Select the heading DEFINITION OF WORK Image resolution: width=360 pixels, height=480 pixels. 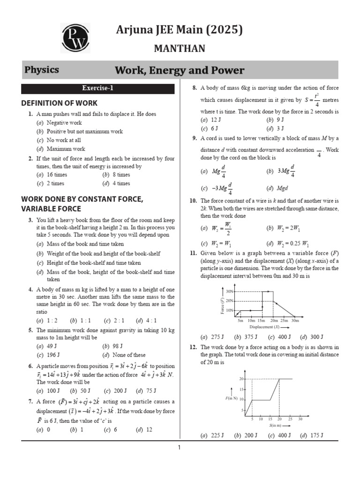coord(60,103)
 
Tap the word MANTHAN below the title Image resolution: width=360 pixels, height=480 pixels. coord(180,49)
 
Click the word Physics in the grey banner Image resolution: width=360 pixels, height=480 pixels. coord(42,70)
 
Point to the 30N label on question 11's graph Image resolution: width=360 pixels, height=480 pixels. coord(230,292)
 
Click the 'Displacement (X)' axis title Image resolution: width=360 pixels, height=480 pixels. coord(264,327)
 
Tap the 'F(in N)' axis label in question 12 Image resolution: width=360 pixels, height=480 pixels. coord(232,398)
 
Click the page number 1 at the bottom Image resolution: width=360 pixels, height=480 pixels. coord(179,448)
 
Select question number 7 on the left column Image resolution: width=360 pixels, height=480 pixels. coord(30,402)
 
